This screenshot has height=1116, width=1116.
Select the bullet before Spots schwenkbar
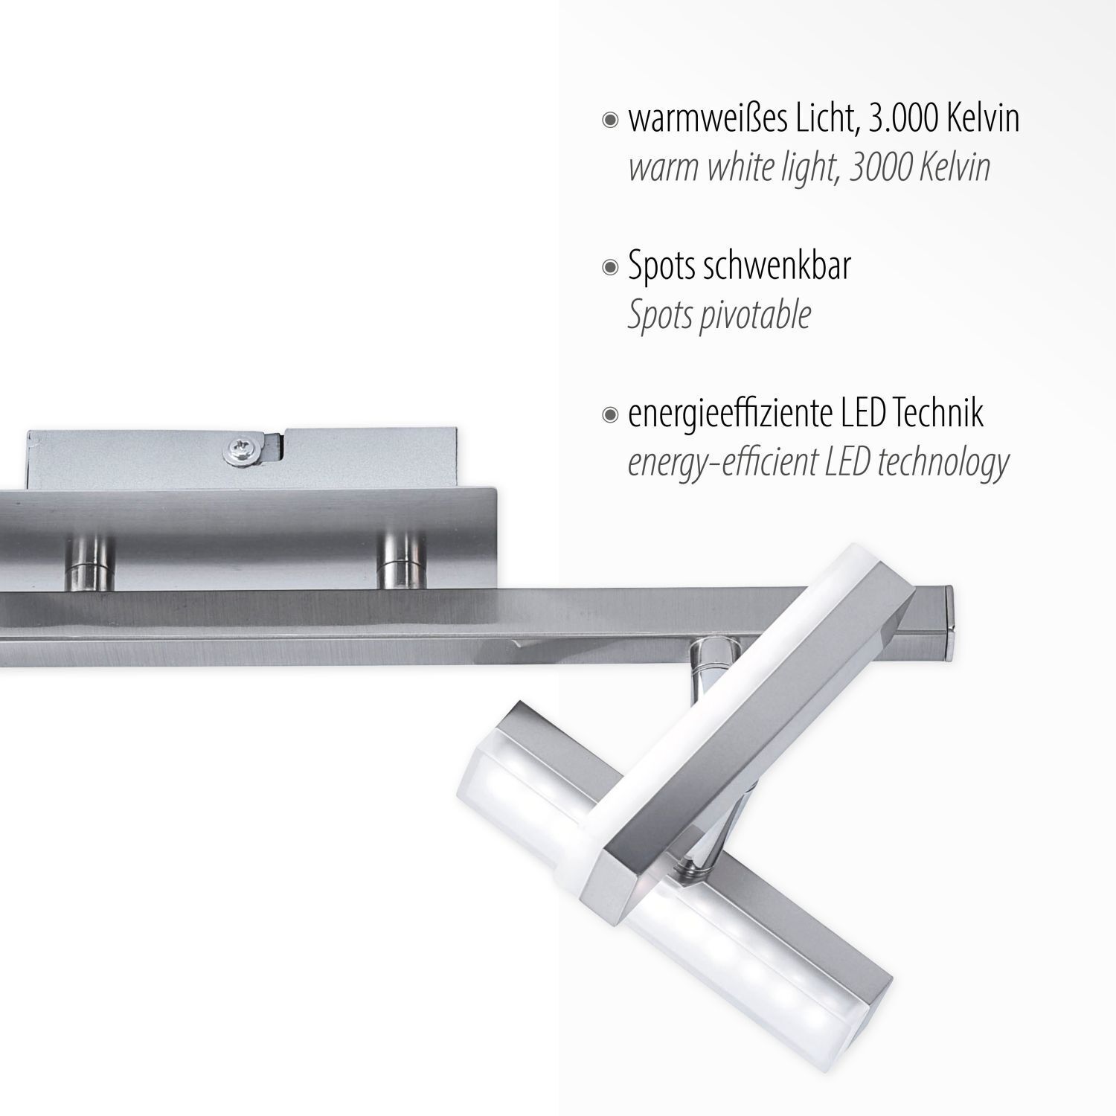pos(611,267)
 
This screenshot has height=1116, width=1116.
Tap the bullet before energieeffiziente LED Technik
pos(611,414)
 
